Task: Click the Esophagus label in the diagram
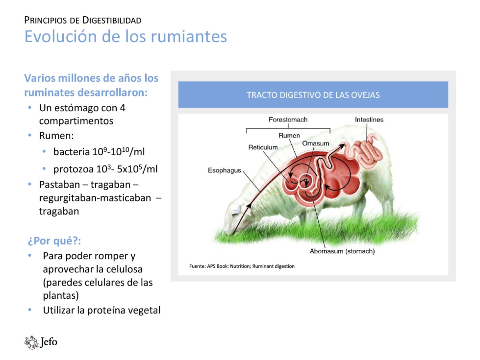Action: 225,170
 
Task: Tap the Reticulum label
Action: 263,147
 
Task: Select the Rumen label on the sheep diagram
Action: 289,136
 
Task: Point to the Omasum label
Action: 316,143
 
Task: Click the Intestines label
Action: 369,120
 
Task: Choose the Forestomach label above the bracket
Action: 288,120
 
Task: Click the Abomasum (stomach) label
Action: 342,251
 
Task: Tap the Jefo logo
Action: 41,342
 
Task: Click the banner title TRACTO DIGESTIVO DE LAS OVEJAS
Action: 313,95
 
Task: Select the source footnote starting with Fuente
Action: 242,266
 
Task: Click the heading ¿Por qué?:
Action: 54,240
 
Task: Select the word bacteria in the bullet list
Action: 71,152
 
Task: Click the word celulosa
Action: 124,269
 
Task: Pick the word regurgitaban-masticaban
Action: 95,198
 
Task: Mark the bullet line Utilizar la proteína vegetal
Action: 101,310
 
